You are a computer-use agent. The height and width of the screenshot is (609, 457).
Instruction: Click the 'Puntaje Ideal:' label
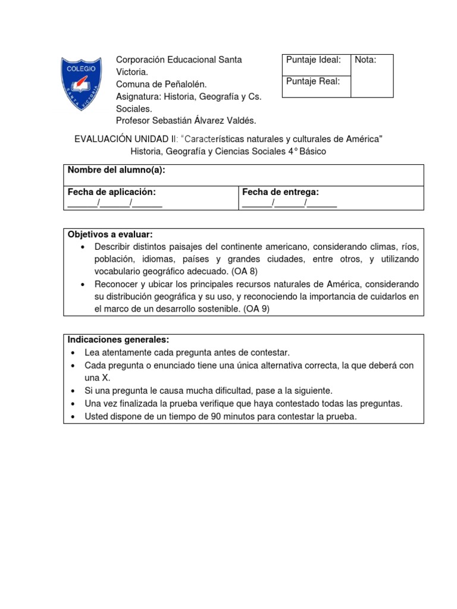click(x=313, y=60)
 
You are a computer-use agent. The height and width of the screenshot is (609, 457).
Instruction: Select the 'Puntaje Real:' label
click(x=313, y=82)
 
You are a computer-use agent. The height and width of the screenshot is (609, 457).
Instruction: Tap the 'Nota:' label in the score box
click(x=365, y=60)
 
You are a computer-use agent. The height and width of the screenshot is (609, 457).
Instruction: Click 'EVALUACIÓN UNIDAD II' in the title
click(x=123, y=139)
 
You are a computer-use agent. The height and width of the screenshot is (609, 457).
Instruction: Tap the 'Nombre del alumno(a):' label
click(x=116, y=170)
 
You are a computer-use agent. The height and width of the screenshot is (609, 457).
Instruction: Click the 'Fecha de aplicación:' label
click(x=112, y=192)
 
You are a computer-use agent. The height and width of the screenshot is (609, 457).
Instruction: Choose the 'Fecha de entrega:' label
click(x=280, y=192)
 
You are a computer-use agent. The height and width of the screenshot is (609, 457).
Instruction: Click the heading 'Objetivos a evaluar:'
click(x=110, y=234)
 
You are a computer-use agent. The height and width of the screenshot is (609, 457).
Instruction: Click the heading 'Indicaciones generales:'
click(x=118, y=340)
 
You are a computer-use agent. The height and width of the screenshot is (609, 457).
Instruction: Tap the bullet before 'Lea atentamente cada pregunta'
click(x=73, y=353)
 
